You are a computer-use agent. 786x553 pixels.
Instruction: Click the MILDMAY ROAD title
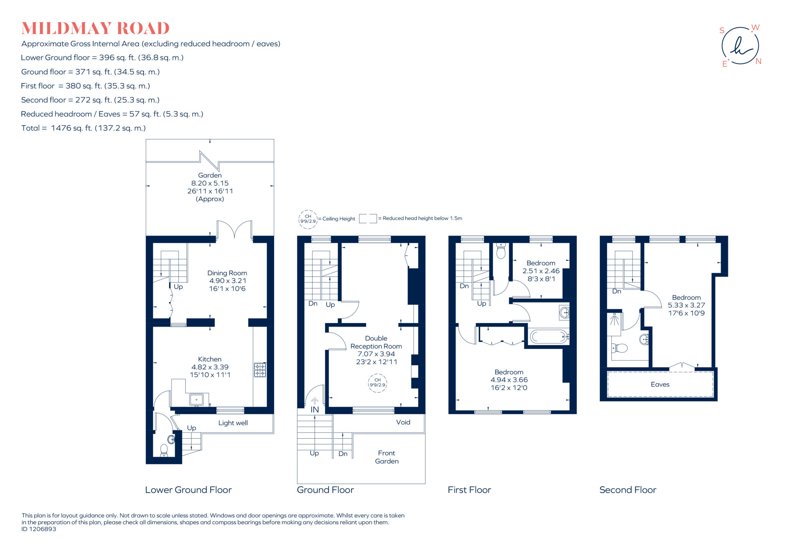point(95,29)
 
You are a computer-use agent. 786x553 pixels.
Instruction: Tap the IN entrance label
point(315,409)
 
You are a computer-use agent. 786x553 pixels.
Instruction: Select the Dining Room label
point(227,273)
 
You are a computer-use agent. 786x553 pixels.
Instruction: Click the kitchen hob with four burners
point(260,370)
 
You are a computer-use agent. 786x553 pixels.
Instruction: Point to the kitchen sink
point(196,399)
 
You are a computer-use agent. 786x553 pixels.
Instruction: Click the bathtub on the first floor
point(549,337)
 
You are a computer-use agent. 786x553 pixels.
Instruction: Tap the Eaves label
point(660,385)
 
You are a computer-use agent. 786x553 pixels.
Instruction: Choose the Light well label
point(233,423)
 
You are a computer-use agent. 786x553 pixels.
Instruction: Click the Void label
point(403,422)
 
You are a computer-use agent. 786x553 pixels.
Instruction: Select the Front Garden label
point(386,457)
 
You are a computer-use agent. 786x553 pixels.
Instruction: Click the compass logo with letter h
point(740,46)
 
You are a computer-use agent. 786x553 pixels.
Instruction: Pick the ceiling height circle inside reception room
point(377,383)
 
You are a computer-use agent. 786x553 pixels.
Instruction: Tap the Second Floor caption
point(628,490)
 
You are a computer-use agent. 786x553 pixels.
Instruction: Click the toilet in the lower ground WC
point(164,450)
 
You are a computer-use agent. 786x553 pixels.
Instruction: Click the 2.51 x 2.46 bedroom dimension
point(541,271)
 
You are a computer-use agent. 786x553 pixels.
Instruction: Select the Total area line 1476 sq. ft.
point(84,128)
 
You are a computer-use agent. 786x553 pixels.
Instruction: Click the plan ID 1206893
point(39,529)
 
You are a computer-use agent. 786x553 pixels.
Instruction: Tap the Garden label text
point(210,175)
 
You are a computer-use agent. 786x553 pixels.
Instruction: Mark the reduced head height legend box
point(368,218)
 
